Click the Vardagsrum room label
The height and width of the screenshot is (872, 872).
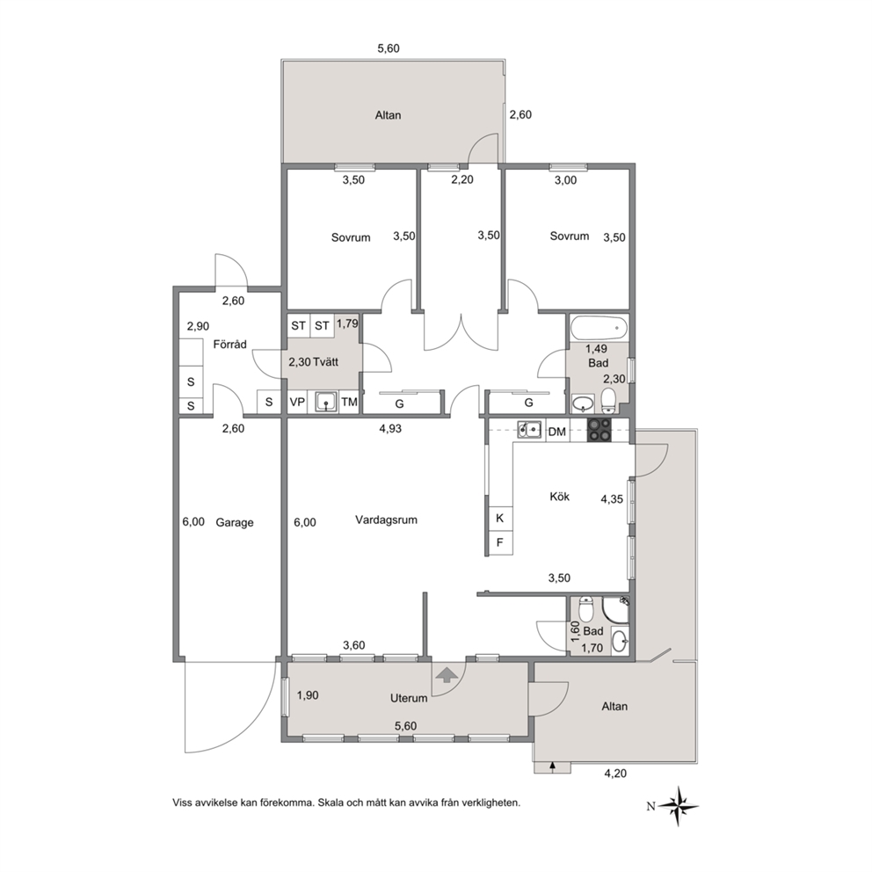point(386,520)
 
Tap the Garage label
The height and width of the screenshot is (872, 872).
point(234,522)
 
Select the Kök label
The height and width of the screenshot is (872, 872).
point(559,496)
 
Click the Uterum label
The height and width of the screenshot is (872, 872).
point(409,698)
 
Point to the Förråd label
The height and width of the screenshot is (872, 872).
point(229,345)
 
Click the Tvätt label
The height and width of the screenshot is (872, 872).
point(326,362)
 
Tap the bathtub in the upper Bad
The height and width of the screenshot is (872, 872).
point(599,328)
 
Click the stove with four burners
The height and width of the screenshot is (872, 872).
point(599,430)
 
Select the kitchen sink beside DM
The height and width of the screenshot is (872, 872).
point(530,429)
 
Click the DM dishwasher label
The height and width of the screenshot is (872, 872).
point(556,432)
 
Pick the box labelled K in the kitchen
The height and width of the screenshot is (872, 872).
point(500,519)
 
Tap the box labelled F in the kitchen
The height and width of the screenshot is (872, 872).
point(500,542)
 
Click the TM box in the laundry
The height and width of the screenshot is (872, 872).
point(349,402)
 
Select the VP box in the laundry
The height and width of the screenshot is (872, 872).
point(297,402)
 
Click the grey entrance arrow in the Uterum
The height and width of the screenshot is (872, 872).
point(447,675)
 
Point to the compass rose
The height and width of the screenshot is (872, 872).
point(679,806)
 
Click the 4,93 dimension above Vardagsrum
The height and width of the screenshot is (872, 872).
point(390,429)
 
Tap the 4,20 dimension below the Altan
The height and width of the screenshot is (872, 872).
point(615,774)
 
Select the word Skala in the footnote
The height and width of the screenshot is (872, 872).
point(331,803)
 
